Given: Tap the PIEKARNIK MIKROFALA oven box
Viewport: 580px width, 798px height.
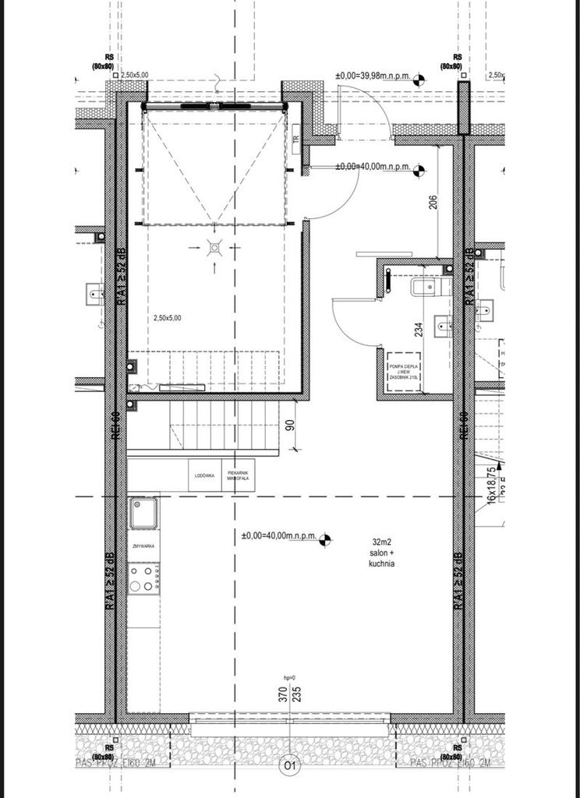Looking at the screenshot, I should click(238, 475).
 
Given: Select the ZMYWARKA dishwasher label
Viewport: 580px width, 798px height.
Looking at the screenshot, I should click(143, 546).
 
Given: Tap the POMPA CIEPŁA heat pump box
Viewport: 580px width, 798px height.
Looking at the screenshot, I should click(405, 371).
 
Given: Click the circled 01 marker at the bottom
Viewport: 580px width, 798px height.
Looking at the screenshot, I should click(289, 766).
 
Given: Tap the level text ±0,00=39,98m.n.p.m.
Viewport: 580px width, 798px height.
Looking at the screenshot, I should click(373, 76).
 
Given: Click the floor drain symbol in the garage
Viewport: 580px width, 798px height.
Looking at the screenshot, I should click(214, 248).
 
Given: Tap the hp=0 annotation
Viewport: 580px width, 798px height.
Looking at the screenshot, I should click(289, 678).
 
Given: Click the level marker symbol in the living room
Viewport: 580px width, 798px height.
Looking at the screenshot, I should click(327, 536).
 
